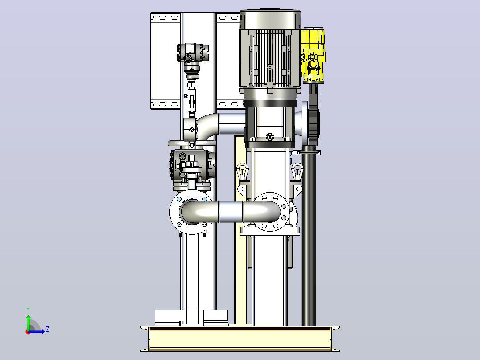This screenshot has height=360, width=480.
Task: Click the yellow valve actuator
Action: tap(313, 55)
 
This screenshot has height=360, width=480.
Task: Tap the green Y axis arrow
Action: tap(28, 322)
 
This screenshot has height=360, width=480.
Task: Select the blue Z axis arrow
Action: tap(37, 331)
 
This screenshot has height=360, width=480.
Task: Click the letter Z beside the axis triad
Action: tap(48, 329)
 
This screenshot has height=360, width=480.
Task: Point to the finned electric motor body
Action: tap(270, 58)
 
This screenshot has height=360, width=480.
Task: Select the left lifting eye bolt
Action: tap(242, 172)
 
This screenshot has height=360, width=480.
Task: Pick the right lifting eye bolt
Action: tap(297, 172)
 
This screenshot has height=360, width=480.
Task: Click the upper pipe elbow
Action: tap(208, 126)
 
